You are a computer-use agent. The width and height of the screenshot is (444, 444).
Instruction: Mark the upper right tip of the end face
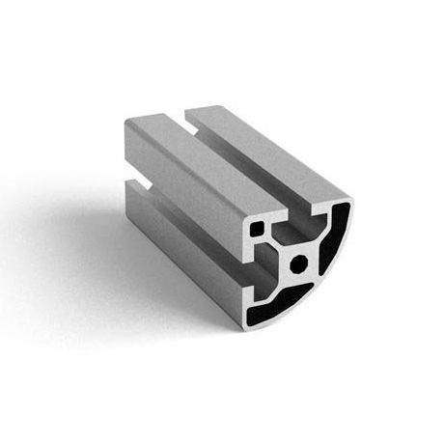[349, 198]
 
